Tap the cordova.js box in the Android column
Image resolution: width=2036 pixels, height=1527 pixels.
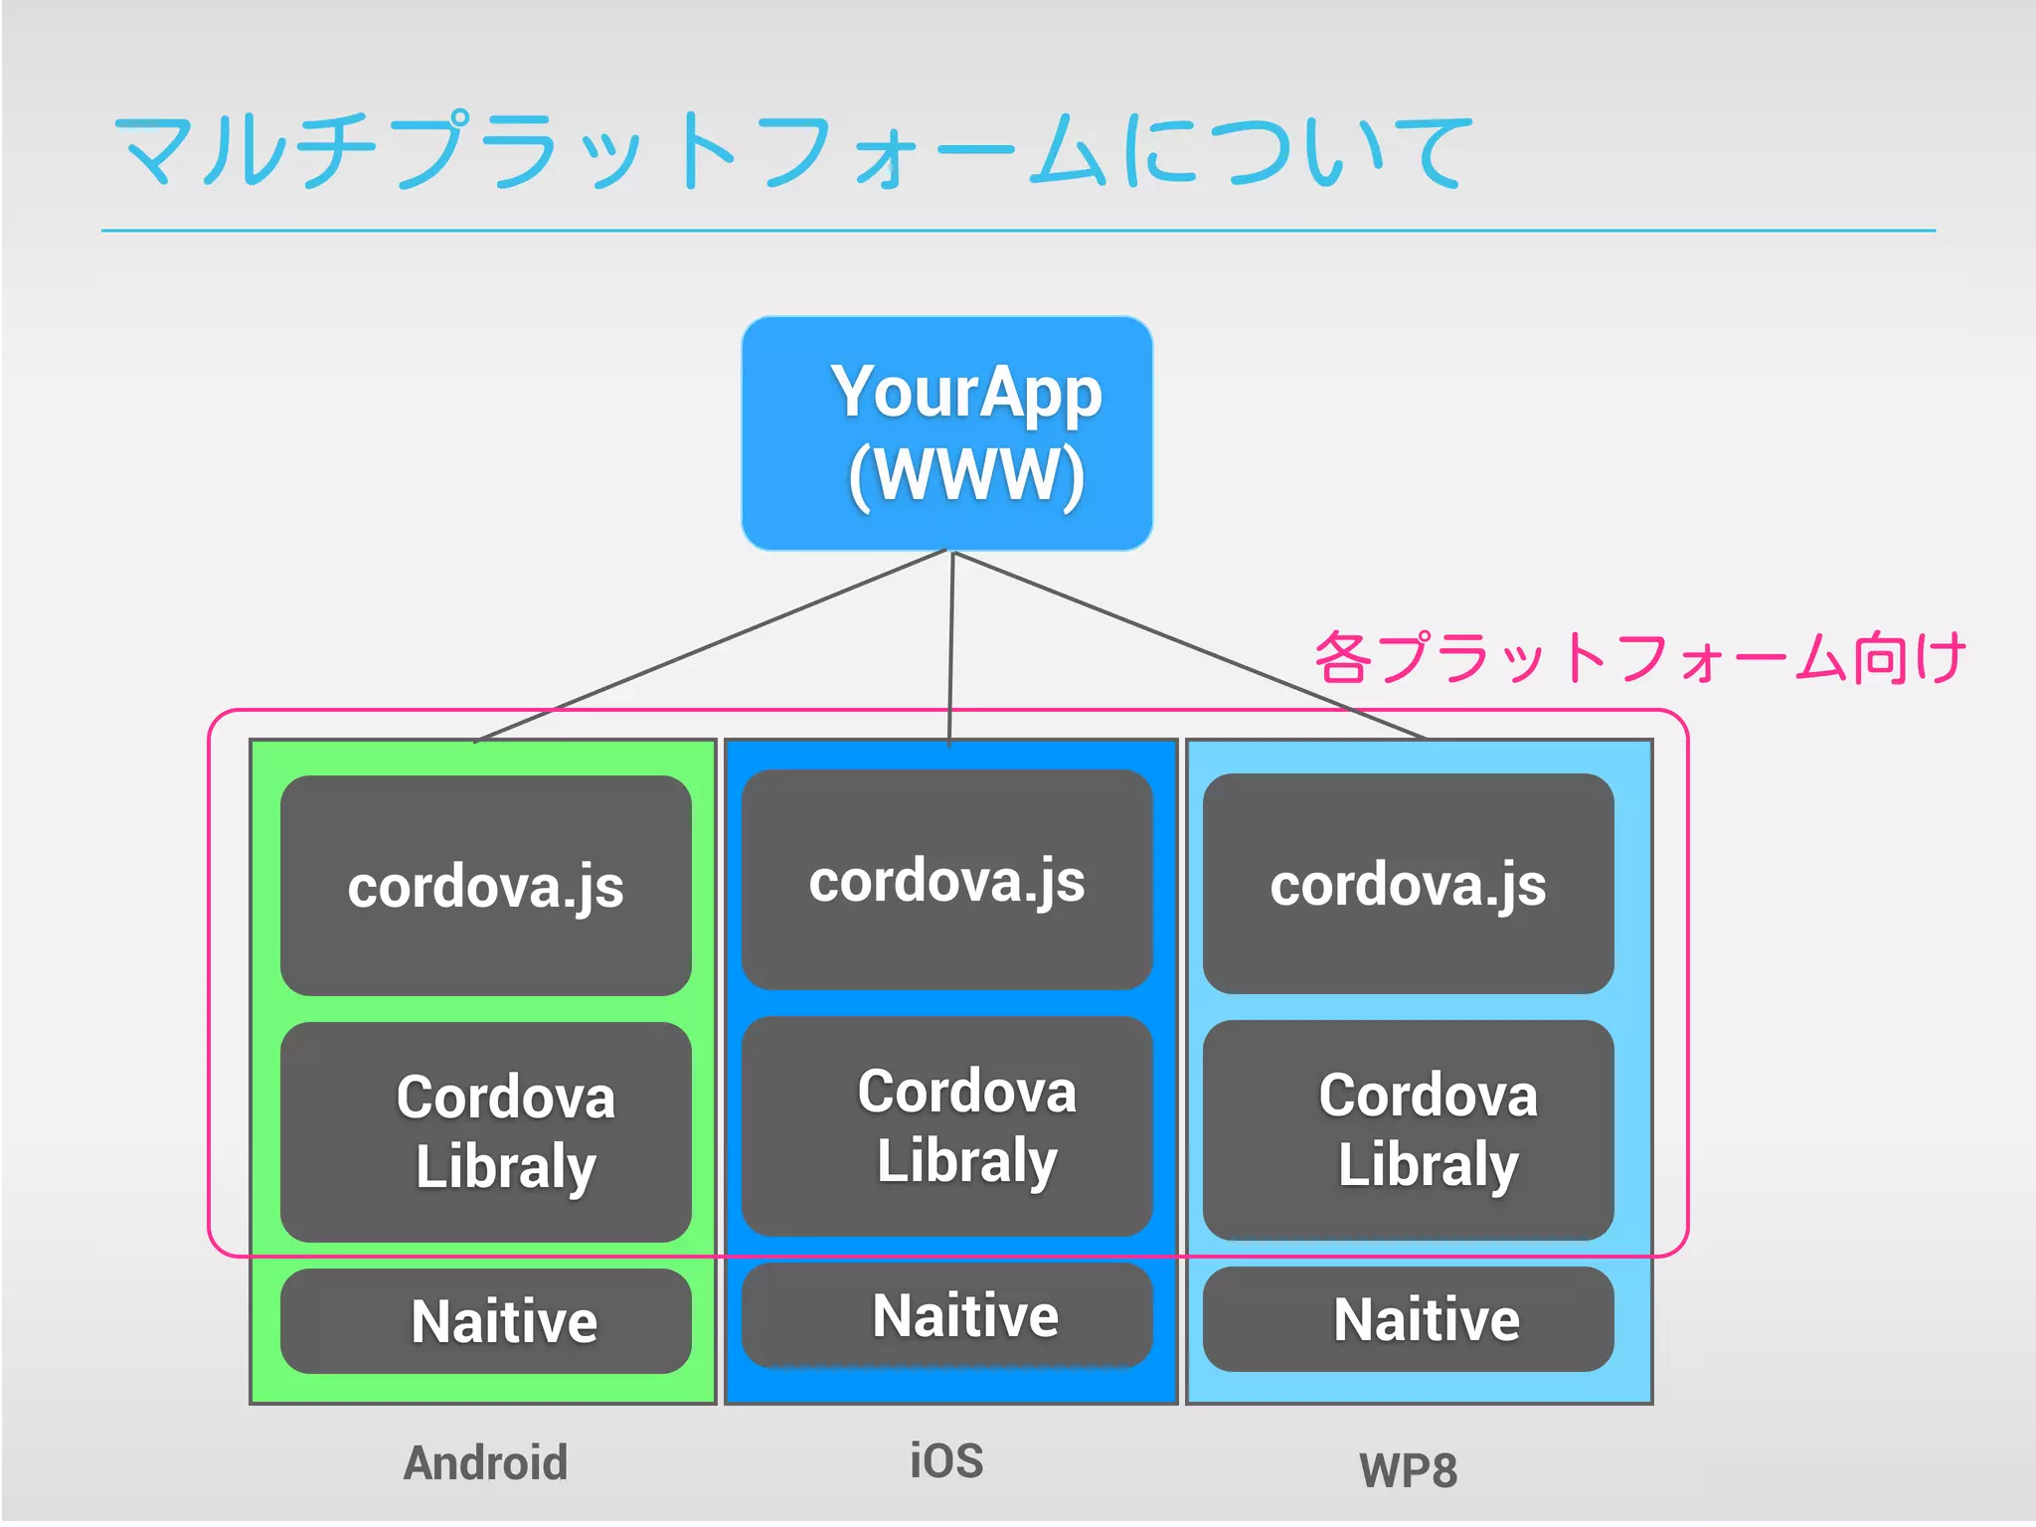485,886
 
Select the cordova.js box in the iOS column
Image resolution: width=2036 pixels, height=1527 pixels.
946,880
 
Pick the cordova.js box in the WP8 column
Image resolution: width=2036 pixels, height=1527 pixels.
1408,884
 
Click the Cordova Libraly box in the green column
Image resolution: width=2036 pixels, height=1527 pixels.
485,1131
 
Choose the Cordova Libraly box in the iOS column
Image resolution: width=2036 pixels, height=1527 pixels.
946,1125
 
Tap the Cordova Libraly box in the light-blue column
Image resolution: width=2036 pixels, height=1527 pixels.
1408,1129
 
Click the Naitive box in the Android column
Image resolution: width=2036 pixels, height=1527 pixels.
485,1321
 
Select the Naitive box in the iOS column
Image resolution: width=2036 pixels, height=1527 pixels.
946,1315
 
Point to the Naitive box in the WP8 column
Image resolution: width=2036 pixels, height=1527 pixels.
1408,1319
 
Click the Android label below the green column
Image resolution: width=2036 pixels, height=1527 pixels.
485,1462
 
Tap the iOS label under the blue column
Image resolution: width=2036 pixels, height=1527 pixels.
946,1460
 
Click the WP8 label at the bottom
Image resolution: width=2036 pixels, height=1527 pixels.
1408,1470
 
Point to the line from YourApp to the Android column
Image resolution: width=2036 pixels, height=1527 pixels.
711,646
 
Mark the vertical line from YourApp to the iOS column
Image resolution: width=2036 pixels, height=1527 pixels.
951,646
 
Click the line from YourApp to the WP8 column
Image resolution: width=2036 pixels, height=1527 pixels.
1189,646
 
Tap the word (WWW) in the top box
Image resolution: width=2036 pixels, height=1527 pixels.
966,474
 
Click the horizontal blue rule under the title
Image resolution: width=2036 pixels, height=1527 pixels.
1018,231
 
